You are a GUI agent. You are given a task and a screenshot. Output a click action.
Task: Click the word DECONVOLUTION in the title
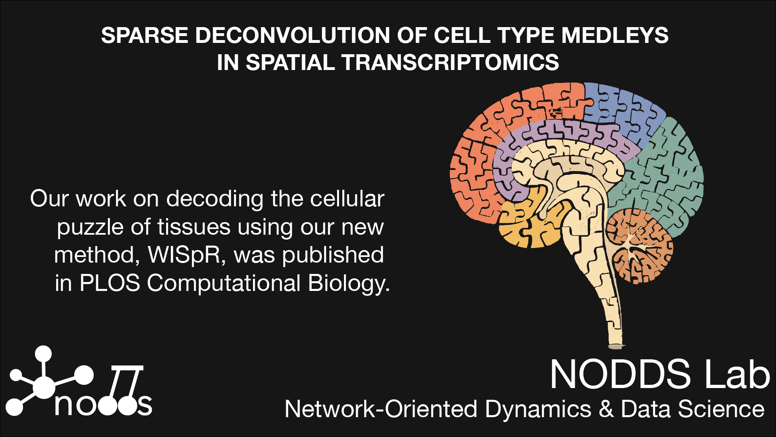click(293, 36)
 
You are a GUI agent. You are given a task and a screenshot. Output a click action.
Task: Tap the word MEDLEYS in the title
click(615, 36)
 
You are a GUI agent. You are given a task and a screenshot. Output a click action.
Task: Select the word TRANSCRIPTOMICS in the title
click(450, 63)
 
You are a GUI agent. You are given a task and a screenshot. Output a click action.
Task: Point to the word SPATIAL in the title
click(290, 63)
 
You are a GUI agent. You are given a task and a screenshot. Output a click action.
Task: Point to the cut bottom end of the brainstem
click(616, 346)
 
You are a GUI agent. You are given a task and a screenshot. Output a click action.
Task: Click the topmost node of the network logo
click(43, 354)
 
